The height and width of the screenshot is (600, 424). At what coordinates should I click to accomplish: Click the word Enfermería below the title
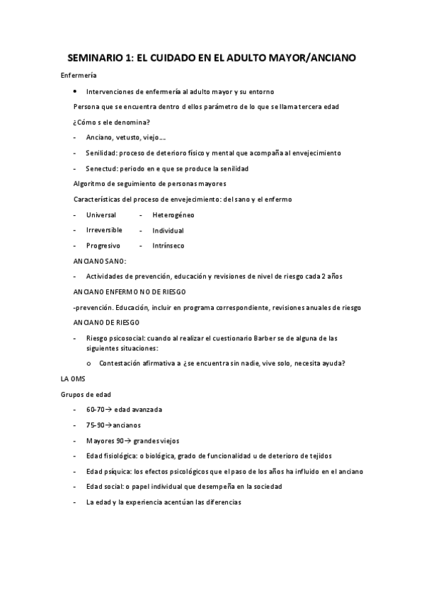[x=79, y=75]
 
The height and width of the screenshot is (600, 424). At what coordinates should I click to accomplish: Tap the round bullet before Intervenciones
[x=76, y=91]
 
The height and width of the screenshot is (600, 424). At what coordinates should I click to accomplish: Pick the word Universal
[x=101, y=214]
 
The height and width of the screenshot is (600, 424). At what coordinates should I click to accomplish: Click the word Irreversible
[x=104, y=230]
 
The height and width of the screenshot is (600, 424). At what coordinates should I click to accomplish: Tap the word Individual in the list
[x=168, y=231]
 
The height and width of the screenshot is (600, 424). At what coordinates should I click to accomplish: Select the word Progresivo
[x=103, y=246]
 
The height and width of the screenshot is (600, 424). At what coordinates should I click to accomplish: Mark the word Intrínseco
[x=168, y=246]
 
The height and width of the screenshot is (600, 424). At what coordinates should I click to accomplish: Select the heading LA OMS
[x=73, y=379]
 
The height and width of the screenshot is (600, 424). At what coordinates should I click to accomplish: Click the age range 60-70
[x=96, y=410]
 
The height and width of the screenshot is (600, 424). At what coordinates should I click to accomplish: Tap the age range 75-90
[x=96, y=425]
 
